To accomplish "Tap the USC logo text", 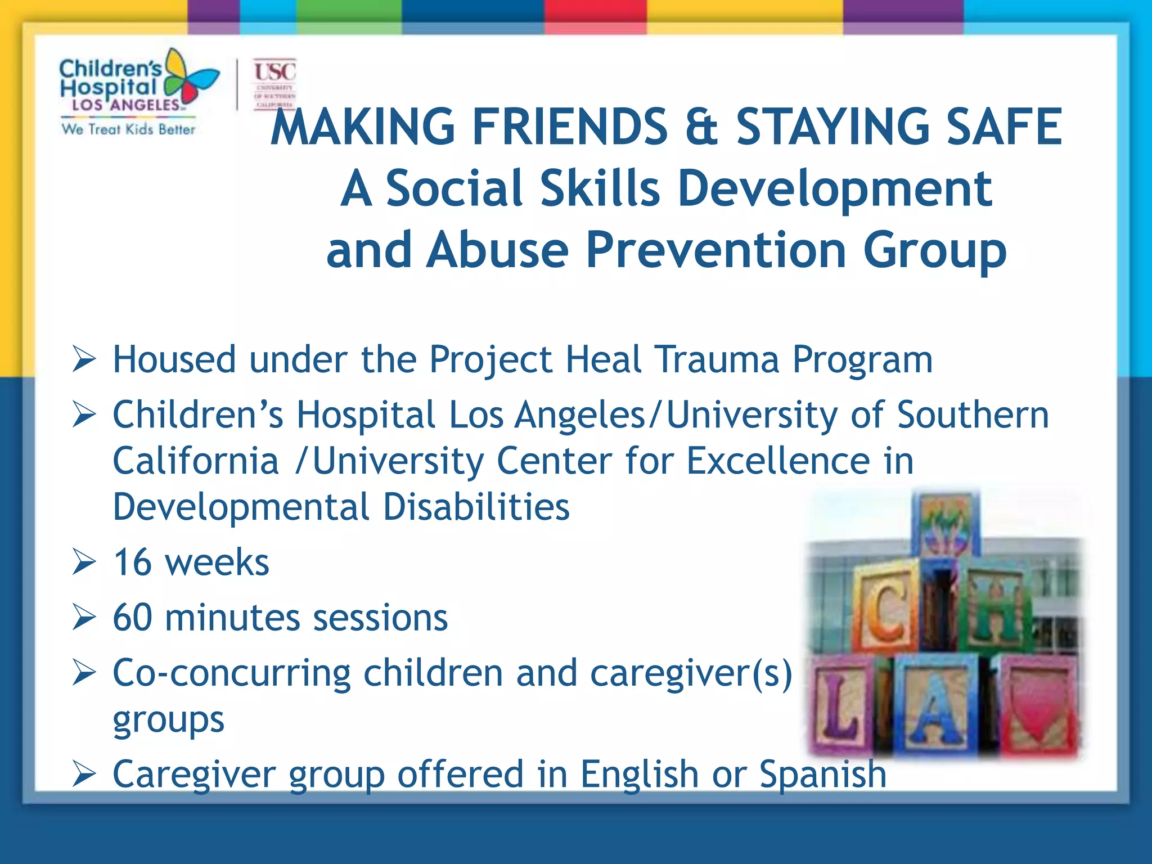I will point(274,72).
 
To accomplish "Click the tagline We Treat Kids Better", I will point(128,129).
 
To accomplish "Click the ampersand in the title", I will point(701,127).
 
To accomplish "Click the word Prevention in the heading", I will point(717,250).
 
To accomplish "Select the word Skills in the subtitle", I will point(600,188).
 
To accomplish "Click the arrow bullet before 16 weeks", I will point(84,562).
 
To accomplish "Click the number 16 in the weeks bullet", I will point(132,562).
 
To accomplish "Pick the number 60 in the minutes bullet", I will point(133,618).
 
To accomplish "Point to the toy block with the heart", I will point(1038,706).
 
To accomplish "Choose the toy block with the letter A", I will point(937,706).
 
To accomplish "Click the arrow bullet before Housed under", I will point(84,359).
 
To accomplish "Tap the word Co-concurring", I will point(231,673).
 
